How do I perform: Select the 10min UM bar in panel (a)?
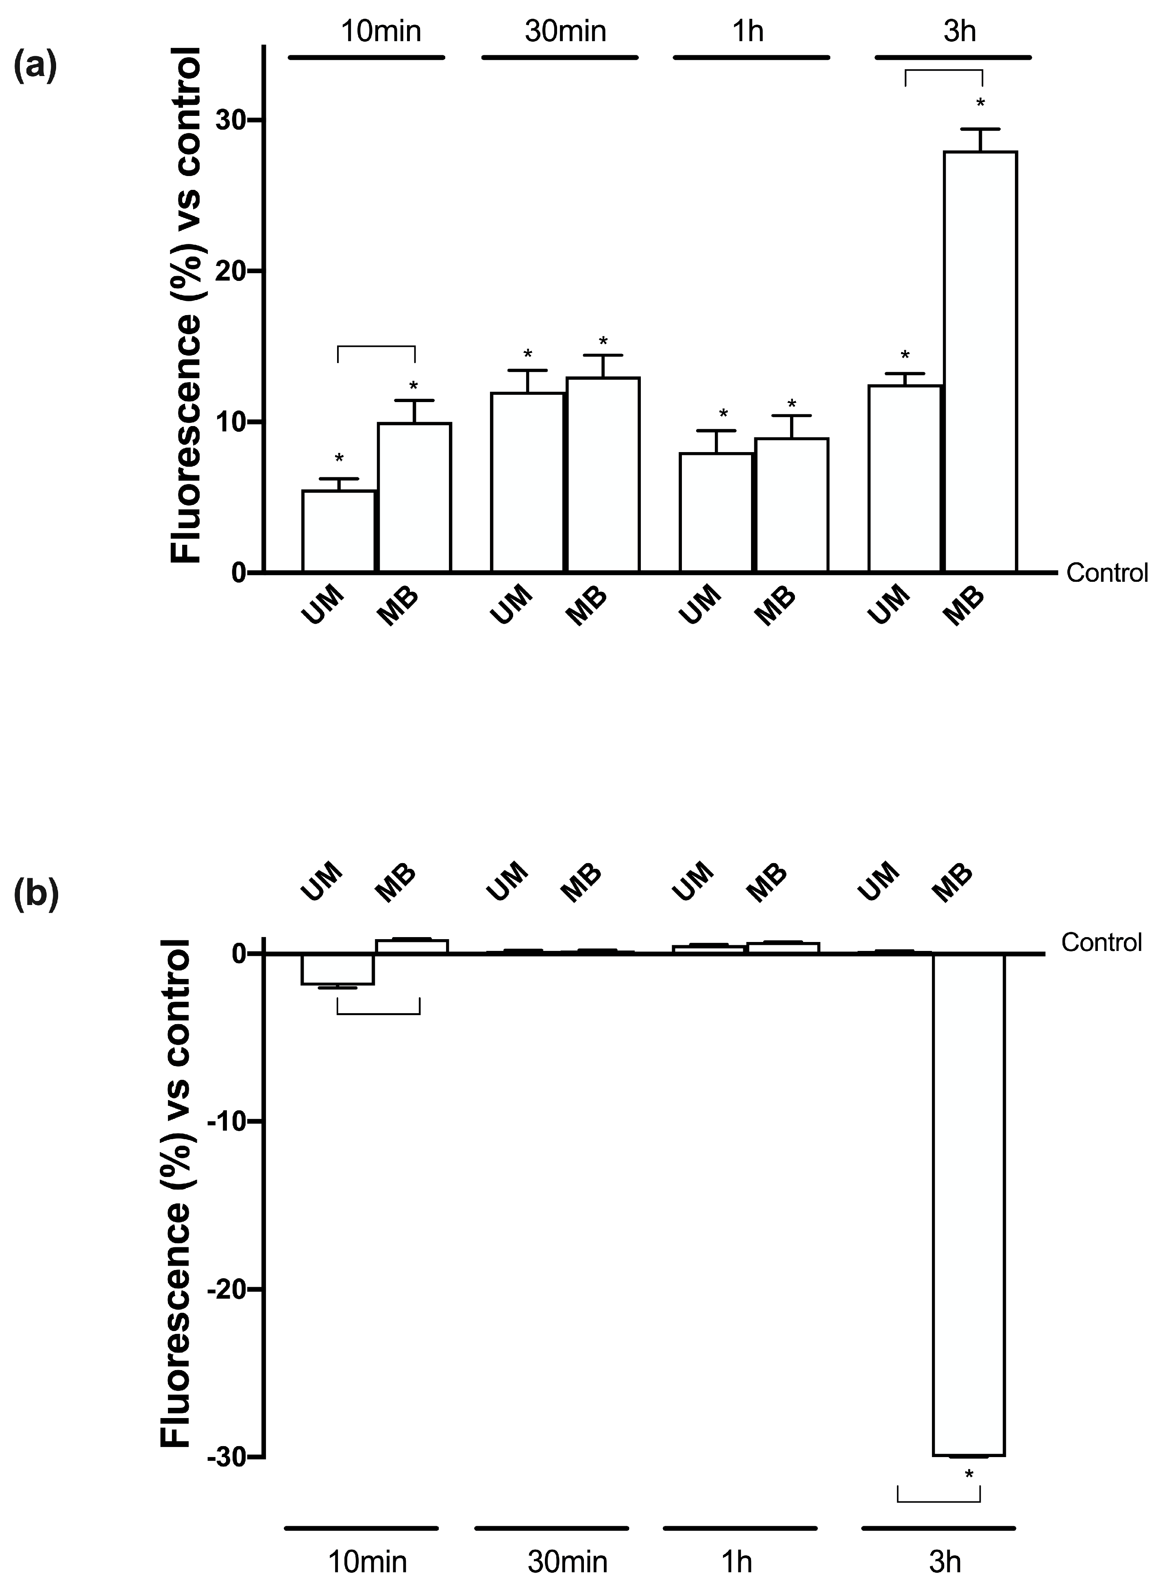[x=338, y=531]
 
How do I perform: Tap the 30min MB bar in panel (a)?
[x=603, y=474]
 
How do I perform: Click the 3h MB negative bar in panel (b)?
[x=969, y=1204]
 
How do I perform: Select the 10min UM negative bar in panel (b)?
[x=337, y=969]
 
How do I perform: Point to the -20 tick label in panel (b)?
[x=227, y=1289]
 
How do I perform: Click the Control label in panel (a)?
[x=1106, y=573]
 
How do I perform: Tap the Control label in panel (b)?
[x=1101, y=943]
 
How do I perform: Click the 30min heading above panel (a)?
[x=565, y=32]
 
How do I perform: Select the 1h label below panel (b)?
[x=737, y=1562]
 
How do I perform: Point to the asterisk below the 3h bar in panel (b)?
[x=969, y=1476]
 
